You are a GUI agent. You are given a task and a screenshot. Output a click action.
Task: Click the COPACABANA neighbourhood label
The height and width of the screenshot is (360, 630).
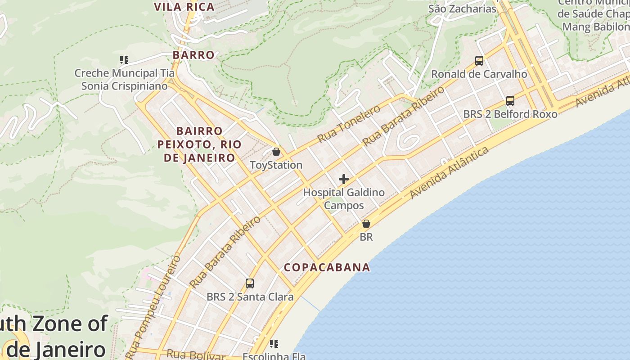(x=327, y=267)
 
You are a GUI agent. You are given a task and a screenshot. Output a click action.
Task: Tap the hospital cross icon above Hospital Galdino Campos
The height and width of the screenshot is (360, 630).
(x=344, y=179)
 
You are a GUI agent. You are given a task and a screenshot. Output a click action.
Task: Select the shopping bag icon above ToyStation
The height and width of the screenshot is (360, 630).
(x=276, y=152)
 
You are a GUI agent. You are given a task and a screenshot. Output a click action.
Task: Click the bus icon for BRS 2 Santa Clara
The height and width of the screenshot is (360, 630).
(x=250, y=283)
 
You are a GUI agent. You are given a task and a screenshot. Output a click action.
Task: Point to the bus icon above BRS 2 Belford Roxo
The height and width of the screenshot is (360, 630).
(x=510, y=101)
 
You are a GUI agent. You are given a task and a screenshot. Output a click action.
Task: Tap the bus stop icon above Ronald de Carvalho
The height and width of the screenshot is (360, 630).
(x=479, y=61)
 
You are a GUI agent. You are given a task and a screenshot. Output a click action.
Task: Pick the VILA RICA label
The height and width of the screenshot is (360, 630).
(x=184, y=7)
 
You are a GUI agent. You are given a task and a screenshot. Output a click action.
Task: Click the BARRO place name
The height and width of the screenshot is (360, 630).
(x=194, y=55)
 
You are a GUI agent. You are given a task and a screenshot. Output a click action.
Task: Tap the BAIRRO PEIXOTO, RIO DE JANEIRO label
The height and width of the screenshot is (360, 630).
(x=199, y=144)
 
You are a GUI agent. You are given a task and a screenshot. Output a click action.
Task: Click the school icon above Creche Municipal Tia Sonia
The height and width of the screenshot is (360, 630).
(x=124, y=59)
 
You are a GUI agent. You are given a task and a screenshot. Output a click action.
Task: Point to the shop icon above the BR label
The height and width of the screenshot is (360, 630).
(x=366, y=224)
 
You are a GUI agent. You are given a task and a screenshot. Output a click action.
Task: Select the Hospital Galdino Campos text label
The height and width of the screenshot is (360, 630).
(x=344, y=199)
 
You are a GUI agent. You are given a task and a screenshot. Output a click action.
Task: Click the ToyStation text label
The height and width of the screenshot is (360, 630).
(x=276, y=165)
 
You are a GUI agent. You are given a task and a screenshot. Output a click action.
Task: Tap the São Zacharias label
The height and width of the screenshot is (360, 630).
(x=462, y=9)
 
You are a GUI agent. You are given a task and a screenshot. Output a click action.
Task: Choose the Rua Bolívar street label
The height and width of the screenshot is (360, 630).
(x=196, y=355)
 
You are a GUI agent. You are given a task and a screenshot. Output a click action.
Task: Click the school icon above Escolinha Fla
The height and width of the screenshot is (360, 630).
(x=274, y=344)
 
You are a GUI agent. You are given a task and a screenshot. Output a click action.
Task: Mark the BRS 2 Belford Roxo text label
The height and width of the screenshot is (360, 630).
(x=510, y=114)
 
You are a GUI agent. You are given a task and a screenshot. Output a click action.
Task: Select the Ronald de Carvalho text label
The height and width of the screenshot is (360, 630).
(x=479, y=74)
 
